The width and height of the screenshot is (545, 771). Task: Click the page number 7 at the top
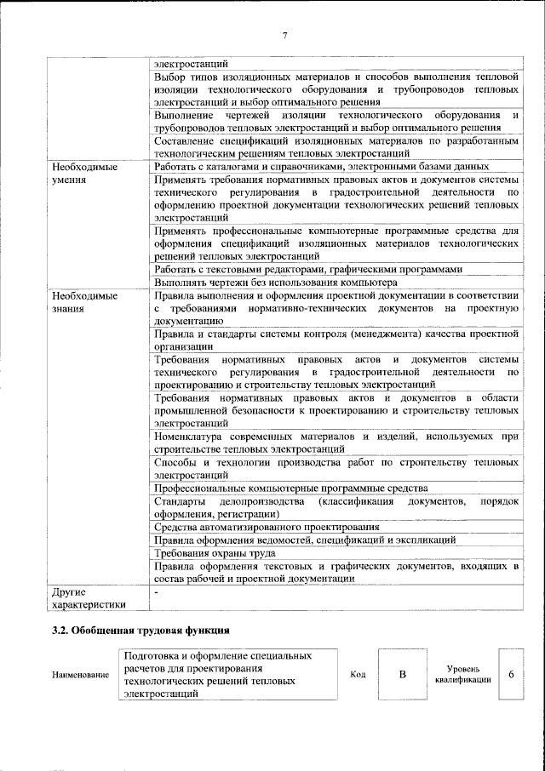pyautogui.click(x=284, y=35)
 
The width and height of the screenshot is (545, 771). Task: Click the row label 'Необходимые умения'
pyautogui.click(x=83, y=174)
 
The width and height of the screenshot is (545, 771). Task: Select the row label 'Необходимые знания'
pyautogui.click(x=83, y=302)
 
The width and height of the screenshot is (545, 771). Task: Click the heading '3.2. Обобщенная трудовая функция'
pyautogui.click(x=139, y=631)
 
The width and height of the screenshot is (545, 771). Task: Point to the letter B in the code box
pyautogui.click(x=403, y=675)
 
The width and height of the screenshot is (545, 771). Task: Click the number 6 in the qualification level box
pyautogui.click(x=511, y=674)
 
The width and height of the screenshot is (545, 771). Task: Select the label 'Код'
pyautogui.click(x=359, y=675)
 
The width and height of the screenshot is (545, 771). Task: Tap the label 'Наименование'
pyautogui.click(x=80, y=676)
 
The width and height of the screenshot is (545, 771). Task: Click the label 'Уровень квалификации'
pyautogui.click(x=462, y=675)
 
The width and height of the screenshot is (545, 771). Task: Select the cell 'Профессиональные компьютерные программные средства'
pyautogui.click(x=290, y=488)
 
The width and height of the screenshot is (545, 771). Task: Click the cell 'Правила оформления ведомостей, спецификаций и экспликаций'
pyautogui.click(x=305, y=540)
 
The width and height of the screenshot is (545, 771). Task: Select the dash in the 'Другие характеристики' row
pyautogui.click(x=157, y=591)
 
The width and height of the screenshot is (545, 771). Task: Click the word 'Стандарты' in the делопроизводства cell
pyautogui.click(x=178, y=501)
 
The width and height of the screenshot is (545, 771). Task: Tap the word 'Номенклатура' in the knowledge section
pyautogui.click(x=190, y=437)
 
